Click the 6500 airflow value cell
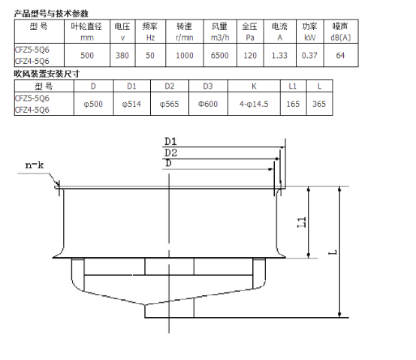point(220,56)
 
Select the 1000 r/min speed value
point(185,56)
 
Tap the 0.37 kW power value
point(309,56)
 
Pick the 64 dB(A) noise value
point(340,56)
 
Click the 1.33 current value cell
point(279,56)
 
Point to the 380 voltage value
point(122,56)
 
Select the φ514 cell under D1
point(131,104)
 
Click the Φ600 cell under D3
point(208,104)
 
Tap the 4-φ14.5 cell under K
point(254,104)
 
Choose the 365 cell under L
point(319,104)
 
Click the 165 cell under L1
point(293,104)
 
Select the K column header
point(254,86)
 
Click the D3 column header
point(208,86)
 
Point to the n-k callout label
point(35,165)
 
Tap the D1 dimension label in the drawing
point(170,141)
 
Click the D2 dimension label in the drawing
point(170,153)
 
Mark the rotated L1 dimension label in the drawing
point(301,222)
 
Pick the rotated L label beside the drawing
point(333,253)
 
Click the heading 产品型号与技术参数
point(51,14)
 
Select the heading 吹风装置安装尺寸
point(47,74)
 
